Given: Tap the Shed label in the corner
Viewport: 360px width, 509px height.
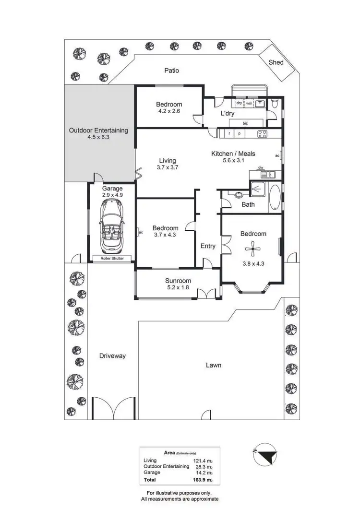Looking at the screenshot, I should coord(276,62).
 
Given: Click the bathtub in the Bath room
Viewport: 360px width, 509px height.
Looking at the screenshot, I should coord(274,198).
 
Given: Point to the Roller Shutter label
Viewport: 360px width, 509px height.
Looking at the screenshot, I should coord(111,258).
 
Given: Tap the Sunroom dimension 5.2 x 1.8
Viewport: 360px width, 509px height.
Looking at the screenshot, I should coord(178,289).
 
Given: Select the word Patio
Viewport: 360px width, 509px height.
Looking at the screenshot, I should coord(171,71).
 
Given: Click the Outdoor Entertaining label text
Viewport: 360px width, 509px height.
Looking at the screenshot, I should coord(98,130).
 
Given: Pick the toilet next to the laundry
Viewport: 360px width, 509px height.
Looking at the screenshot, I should coord(274,103).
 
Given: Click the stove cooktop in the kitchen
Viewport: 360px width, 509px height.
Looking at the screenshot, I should coord(262,134).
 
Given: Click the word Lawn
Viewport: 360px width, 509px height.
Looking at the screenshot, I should coord(214,365).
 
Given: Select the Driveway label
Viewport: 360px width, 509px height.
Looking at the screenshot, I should coord(112,356).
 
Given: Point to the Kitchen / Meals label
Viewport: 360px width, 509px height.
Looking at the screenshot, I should coord(233,154).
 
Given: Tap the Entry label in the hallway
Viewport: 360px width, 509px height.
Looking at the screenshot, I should coord(208,246).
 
